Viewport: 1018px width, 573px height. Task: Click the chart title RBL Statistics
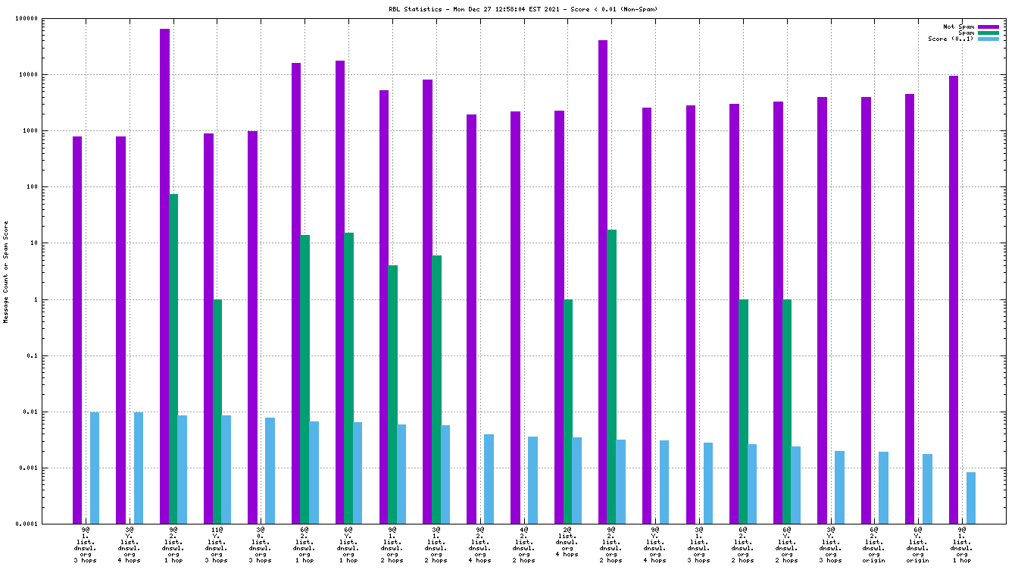tap(523, 9)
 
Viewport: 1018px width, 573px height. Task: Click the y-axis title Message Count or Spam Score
tap(6, 272)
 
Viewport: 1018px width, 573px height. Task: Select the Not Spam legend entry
tap(958, 27)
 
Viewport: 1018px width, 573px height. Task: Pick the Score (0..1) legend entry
tap(951, 39)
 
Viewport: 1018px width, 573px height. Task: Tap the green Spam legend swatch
tap(988, 33)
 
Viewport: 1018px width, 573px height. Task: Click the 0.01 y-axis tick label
tap(30, 412)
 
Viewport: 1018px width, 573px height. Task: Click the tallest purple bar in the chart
tap(164, 276)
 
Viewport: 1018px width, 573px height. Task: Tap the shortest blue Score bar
tap(971, 498)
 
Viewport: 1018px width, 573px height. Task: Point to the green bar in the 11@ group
tap(217, 412)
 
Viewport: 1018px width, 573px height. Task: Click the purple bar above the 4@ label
tap(515, 318)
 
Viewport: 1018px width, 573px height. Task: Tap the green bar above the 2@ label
tap(567, 412)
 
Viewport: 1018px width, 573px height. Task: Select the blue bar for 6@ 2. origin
tap(883, 487)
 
